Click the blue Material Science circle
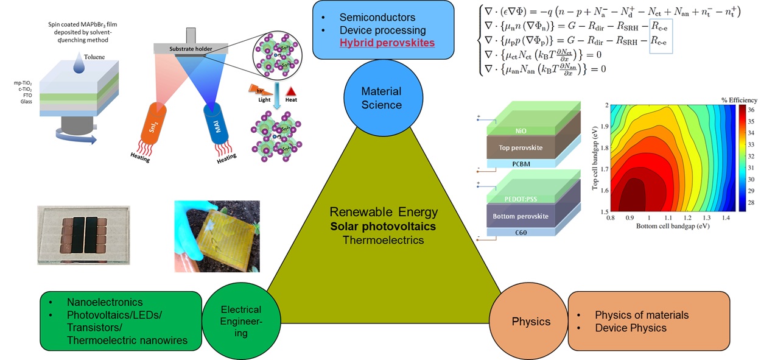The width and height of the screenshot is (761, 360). [x=382, y=98]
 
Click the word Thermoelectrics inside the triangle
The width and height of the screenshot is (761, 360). [x=382, y=239]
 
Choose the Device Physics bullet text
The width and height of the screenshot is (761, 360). [x=630, y=328]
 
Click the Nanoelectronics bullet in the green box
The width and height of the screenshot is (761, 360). [x=105, y=302]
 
